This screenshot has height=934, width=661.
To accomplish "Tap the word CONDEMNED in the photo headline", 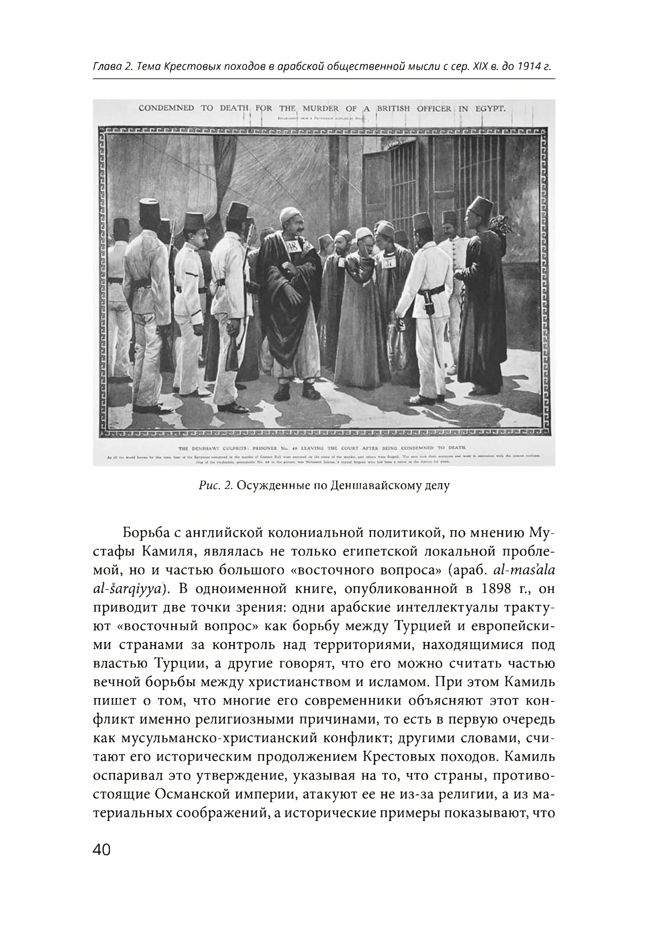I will point(167,108).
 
